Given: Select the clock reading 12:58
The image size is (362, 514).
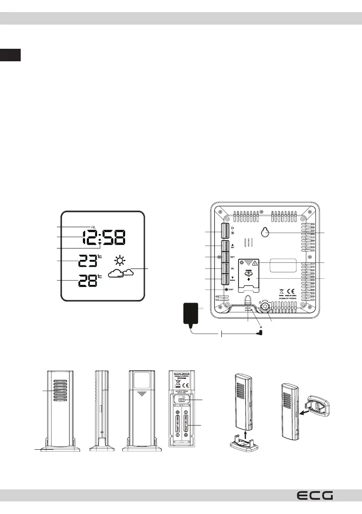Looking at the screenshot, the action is point(104,237).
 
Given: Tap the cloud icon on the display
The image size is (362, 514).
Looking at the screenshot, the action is point(120,273).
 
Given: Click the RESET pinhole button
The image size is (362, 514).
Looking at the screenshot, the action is point(226,289).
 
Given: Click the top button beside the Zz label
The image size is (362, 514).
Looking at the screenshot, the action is point(225,232).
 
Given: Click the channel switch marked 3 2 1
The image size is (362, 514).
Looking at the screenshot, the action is point(182,400).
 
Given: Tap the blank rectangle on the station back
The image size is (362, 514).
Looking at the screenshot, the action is point(282,265).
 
